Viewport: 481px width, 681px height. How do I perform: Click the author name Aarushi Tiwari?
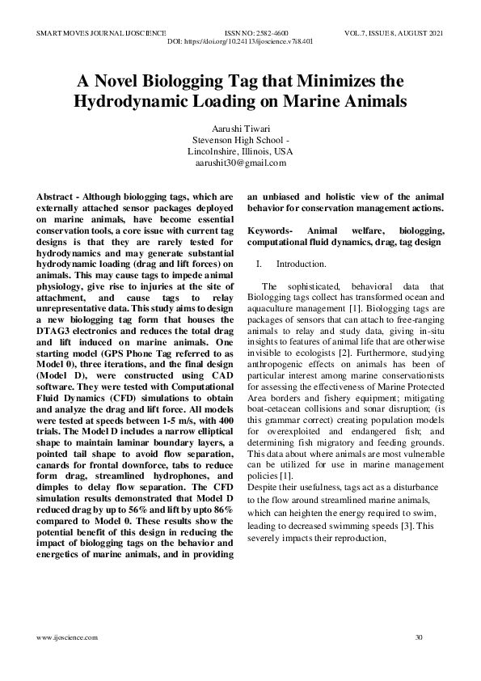click(x=240, y=129)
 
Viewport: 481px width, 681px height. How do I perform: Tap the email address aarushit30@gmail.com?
click(x=240, y=163)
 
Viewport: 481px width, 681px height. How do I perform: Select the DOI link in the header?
click(x=239, y=40)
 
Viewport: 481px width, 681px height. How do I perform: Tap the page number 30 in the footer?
click(x=418, y=637)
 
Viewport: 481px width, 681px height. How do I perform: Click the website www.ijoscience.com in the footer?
click(x=67, y=637)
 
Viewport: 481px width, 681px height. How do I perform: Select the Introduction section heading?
click(x=301, y=264)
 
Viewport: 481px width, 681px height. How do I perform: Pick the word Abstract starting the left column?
click(x=57, y=196)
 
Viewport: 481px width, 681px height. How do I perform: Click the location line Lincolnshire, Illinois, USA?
click(x=240, y=151)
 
